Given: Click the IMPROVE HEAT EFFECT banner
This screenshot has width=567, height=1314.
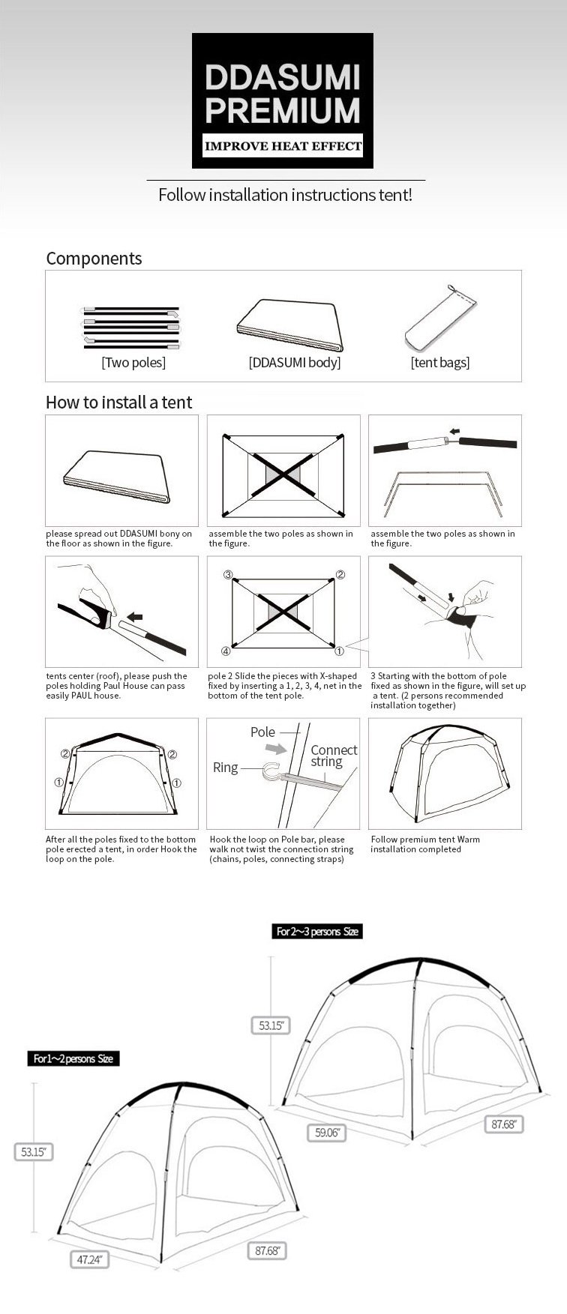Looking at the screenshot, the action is [283, 146].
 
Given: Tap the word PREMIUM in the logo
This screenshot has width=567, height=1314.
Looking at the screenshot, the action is [283, 110].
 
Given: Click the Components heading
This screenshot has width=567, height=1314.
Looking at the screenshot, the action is [94, 259].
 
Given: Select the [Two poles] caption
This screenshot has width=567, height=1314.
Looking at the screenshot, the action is [133, 363].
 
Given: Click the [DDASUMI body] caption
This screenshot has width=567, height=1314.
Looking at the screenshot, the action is [295, 363].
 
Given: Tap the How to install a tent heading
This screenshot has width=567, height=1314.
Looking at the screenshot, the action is [118, 403].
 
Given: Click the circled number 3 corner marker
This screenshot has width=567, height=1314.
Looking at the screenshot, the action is [228, 575].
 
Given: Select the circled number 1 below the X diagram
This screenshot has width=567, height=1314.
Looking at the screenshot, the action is [339, 651].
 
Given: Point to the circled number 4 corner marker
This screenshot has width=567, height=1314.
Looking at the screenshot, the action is [226, 651].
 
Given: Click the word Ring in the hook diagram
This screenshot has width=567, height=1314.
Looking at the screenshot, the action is [225, 768].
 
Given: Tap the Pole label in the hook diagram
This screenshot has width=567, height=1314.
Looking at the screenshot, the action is [262, 732].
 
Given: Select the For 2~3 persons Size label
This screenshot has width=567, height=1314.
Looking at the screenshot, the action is [317, 932].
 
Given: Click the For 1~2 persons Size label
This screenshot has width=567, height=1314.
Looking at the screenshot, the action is [73, 1058].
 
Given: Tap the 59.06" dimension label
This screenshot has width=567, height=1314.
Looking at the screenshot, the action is [326, 1132].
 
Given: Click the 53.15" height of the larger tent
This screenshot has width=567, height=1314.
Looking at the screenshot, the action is [270, 1025].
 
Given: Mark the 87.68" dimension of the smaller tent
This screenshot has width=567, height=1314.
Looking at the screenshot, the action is [267, 1250].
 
